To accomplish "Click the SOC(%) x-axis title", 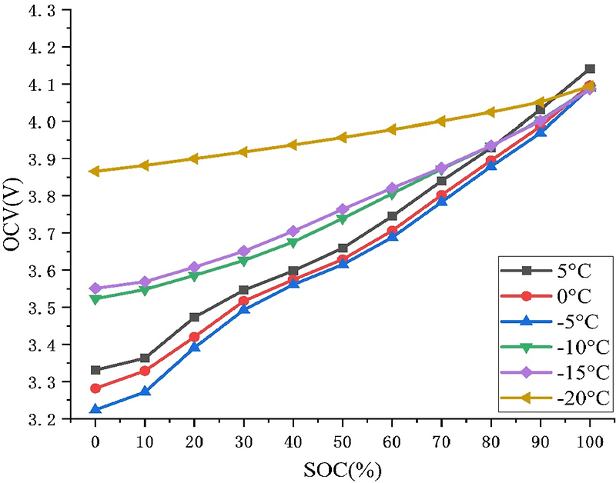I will pos(343,468).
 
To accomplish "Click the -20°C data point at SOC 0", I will pos(95,171).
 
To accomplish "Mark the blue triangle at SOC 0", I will pos(95,409).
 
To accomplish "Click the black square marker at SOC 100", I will pos(590,68).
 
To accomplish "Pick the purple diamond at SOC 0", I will pos(95,288).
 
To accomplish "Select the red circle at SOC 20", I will pos(194,337).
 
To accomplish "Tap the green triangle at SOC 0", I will pos(95,299).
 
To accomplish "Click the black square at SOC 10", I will pos(145,358).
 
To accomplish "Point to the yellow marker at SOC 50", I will pos(343,138).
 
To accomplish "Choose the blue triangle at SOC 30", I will pos(243,309).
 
